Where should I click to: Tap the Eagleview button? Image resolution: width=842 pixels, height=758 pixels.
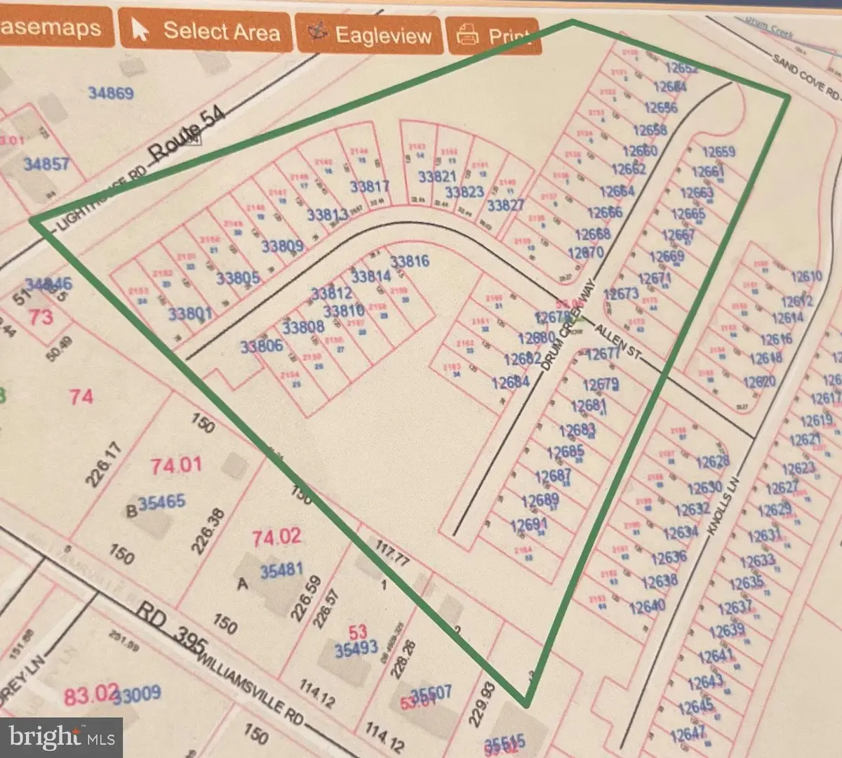(370, 34)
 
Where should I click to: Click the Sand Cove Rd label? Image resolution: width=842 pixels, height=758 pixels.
(806, 76)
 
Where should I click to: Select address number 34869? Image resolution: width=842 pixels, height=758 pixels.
(111, 93)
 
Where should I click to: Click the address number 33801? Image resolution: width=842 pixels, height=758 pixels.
(189, 313)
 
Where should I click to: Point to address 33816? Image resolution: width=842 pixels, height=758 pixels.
(409, 262)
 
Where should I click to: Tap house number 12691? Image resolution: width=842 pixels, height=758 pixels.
(528, 525)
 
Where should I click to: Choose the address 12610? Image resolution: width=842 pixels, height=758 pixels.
(806, 277)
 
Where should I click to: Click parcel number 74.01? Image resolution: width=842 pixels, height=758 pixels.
(176, 465)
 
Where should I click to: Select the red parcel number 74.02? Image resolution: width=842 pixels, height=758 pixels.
(276, 538)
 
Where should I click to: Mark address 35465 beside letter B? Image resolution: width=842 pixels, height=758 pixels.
(162, 502)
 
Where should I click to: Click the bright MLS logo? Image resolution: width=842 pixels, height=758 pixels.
(62, 737)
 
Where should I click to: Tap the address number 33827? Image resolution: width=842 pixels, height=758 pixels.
(505, 205)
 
